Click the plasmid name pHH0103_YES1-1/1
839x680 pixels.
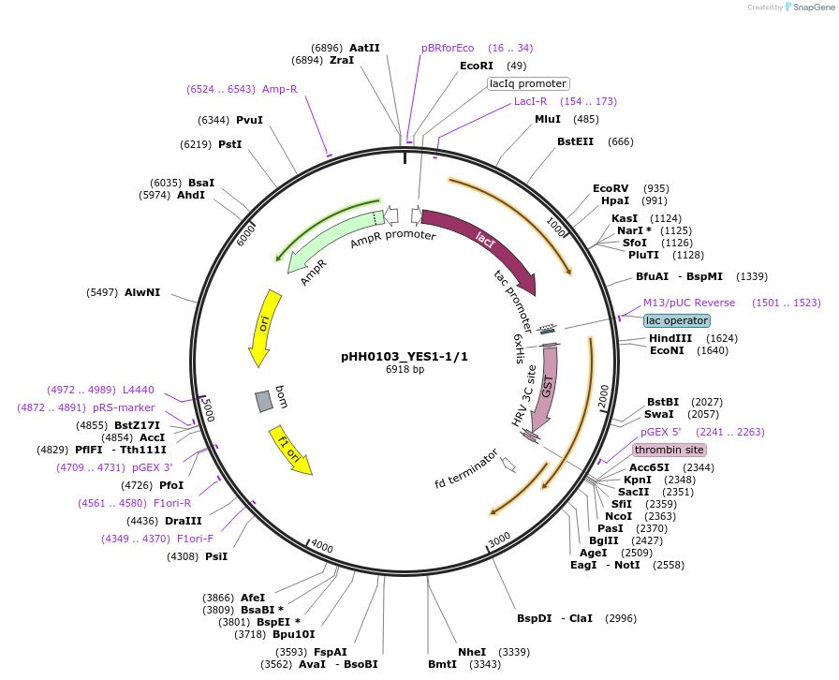point(405,357)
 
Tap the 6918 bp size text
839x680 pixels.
point(405,370)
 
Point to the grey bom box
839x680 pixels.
point(264,401)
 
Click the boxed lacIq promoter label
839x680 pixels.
point(528,83)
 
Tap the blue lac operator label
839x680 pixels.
point(677,320)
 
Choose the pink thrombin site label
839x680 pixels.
point(670,450)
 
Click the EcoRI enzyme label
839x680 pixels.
point(477,66)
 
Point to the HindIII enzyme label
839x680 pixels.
point(670,338)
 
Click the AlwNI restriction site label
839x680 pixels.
point(142,292)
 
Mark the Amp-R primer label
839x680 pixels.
point(280,89)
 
